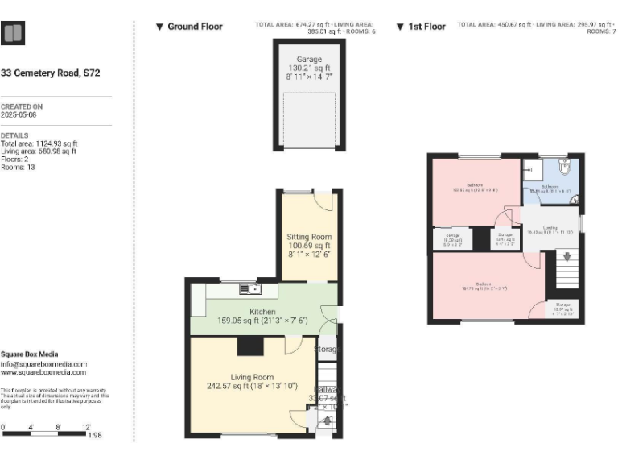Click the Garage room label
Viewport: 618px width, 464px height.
[x=309, y=60]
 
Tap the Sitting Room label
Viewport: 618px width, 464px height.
[x=309, y=237]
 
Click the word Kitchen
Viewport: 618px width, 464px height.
[x=263, y=312]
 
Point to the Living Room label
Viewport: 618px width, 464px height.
[x=252, y=377]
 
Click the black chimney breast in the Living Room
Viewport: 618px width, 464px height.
[x=250, y=346]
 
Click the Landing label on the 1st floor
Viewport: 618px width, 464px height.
[x=550, y=228]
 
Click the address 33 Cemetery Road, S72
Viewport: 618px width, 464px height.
[x=50, y=72]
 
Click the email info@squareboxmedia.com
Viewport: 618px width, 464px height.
[x=43, y=364]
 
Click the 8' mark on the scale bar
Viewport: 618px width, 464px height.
[x=59, y=427]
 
